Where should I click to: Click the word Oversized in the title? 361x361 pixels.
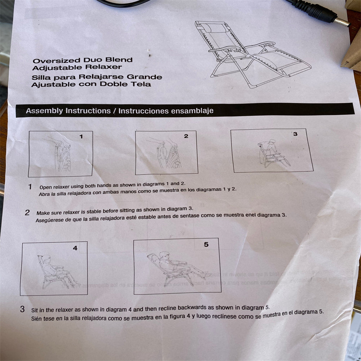56,61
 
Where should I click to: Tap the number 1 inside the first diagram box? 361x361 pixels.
81,137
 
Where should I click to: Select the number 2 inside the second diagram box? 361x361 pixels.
186,136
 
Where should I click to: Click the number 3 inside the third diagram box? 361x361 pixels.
295,134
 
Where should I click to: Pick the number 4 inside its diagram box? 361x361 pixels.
75,248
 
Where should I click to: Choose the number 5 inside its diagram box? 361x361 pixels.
206,245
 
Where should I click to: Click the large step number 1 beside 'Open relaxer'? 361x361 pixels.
30,187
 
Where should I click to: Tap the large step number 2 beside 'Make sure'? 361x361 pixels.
27,212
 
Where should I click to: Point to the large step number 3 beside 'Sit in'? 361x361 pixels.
22,309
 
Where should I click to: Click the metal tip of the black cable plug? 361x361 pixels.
342,22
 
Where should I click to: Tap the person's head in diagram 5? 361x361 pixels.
164,255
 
